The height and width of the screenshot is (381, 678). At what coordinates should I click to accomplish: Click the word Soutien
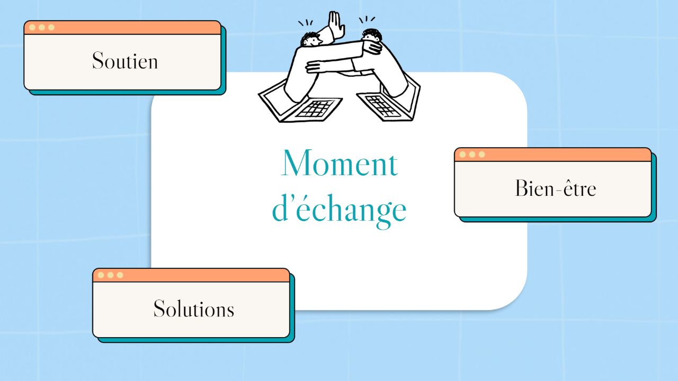coord(125,60)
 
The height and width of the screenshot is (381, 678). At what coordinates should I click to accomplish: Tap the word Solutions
coord(194,309)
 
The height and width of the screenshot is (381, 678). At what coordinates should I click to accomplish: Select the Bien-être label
coord(556,188)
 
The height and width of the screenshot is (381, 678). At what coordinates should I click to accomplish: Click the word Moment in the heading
coord(340,163)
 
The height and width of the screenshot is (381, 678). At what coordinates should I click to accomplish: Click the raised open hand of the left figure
coord(336,25)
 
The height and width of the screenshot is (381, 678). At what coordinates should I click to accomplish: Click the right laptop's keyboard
coord(380,106)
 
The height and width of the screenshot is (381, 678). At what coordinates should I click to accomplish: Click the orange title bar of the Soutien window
coord(122,28)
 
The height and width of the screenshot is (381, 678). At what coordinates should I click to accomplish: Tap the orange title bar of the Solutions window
coord(191,275)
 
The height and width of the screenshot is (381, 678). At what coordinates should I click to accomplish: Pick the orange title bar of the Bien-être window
coord(552,155)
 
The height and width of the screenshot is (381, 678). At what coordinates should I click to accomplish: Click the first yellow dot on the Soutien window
coord(32,28)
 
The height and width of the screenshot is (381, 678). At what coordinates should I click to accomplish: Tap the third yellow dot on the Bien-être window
coord(481,155)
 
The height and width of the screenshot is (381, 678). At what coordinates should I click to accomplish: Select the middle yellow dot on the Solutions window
coord(111,275)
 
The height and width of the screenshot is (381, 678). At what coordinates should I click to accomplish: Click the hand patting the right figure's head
coord(372,48)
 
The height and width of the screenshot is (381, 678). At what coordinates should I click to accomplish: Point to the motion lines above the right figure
coord(367,20)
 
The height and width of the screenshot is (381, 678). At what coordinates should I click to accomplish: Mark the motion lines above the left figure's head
coord(306,23)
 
